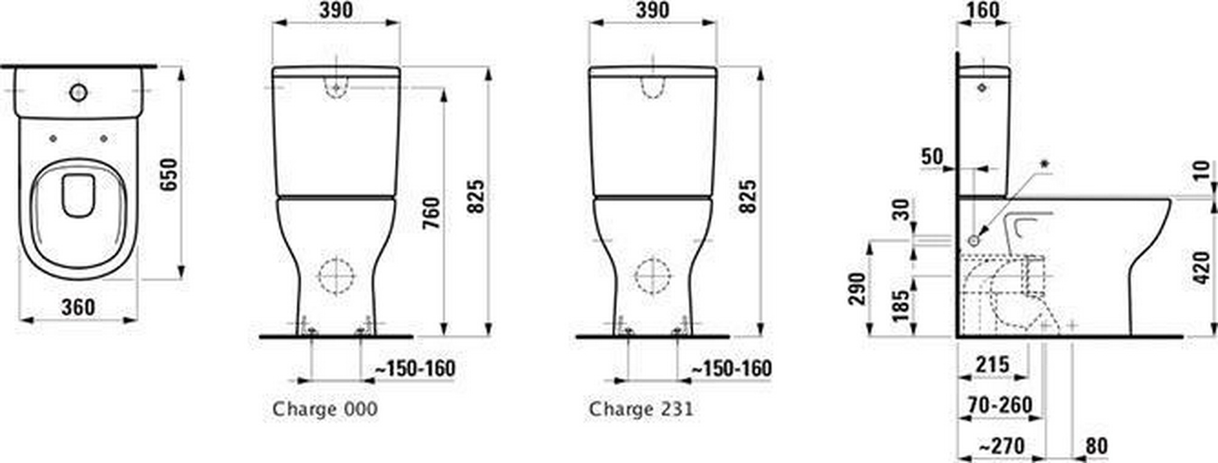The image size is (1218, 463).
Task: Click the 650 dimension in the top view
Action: tap(168, 174)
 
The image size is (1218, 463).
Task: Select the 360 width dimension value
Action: tap(78, 307)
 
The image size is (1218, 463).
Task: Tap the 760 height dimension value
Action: tap(431, 213)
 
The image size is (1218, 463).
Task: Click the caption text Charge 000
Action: tap(325, 409)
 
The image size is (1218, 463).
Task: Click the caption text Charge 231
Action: tap(641, 409)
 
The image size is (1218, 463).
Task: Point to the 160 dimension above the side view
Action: tap(983, 10)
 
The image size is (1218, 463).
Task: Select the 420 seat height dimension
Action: tap(1203, 267)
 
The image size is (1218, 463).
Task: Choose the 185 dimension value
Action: tap(901, 306)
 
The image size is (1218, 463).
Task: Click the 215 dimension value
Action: tap(993, 365)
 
